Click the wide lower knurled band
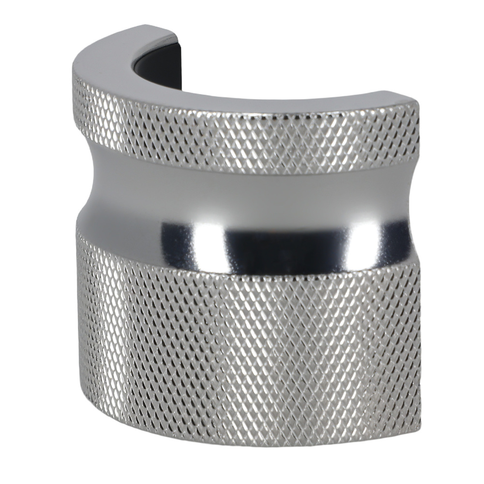(242, 348)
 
